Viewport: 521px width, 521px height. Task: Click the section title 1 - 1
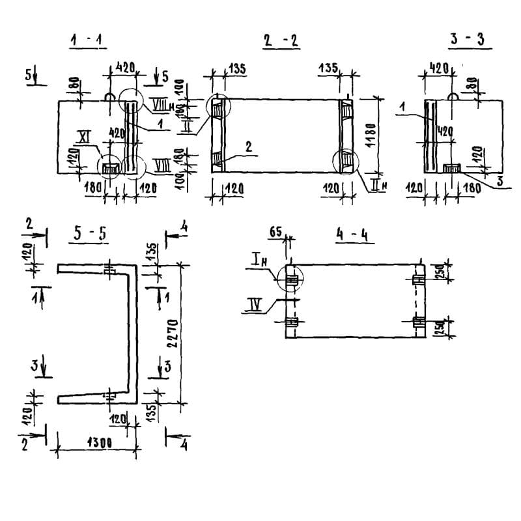(x=89, y=41)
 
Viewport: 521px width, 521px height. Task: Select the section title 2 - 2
(x=280, y=41)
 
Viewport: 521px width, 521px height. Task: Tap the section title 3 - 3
(x=466, y=39)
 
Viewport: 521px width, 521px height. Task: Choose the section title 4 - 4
(x=352, y=234)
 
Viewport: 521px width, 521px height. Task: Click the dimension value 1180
(x=371, y=135)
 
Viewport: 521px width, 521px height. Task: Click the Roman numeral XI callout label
(x=83, y=137)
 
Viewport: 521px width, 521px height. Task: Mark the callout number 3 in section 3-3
(x=500, y=181)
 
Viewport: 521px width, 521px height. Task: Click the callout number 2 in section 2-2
(x=248, y=147)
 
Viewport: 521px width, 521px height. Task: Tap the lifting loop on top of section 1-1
(x=111, y=96)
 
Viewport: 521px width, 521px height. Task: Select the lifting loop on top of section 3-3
(x=455, y=96)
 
